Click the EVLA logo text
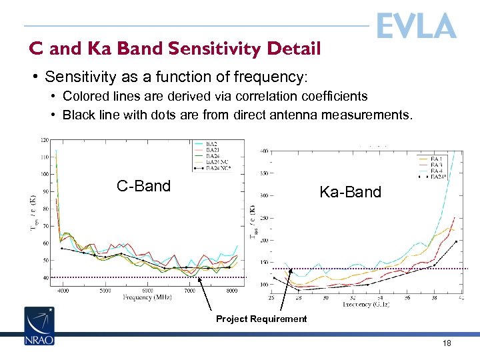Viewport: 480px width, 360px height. pos(416,26)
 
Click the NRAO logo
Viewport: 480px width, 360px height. pos(39,326)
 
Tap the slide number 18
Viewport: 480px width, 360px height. pos(447,343)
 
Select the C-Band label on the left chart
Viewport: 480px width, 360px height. pos(143,186)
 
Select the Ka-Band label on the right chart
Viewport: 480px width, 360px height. pos(350,193)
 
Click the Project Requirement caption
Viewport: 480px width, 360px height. pos(261,319)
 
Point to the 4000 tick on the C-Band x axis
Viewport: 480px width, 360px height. pos(63,291)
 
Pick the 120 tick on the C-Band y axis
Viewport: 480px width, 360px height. pos(44,140)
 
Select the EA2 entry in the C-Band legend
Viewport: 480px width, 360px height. pos(211,144)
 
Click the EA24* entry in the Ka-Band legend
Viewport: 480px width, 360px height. pos(438,177)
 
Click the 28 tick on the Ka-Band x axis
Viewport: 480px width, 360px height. pos(298,297)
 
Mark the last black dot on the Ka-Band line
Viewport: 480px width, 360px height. pos(456,242)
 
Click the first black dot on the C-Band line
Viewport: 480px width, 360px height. pos(62,248)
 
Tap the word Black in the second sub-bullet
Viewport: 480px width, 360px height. pos(77,115)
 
